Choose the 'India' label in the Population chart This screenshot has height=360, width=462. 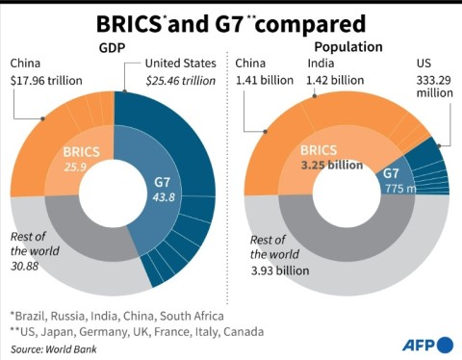[321, 64]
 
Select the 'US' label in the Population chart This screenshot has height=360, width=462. [425, 64]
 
